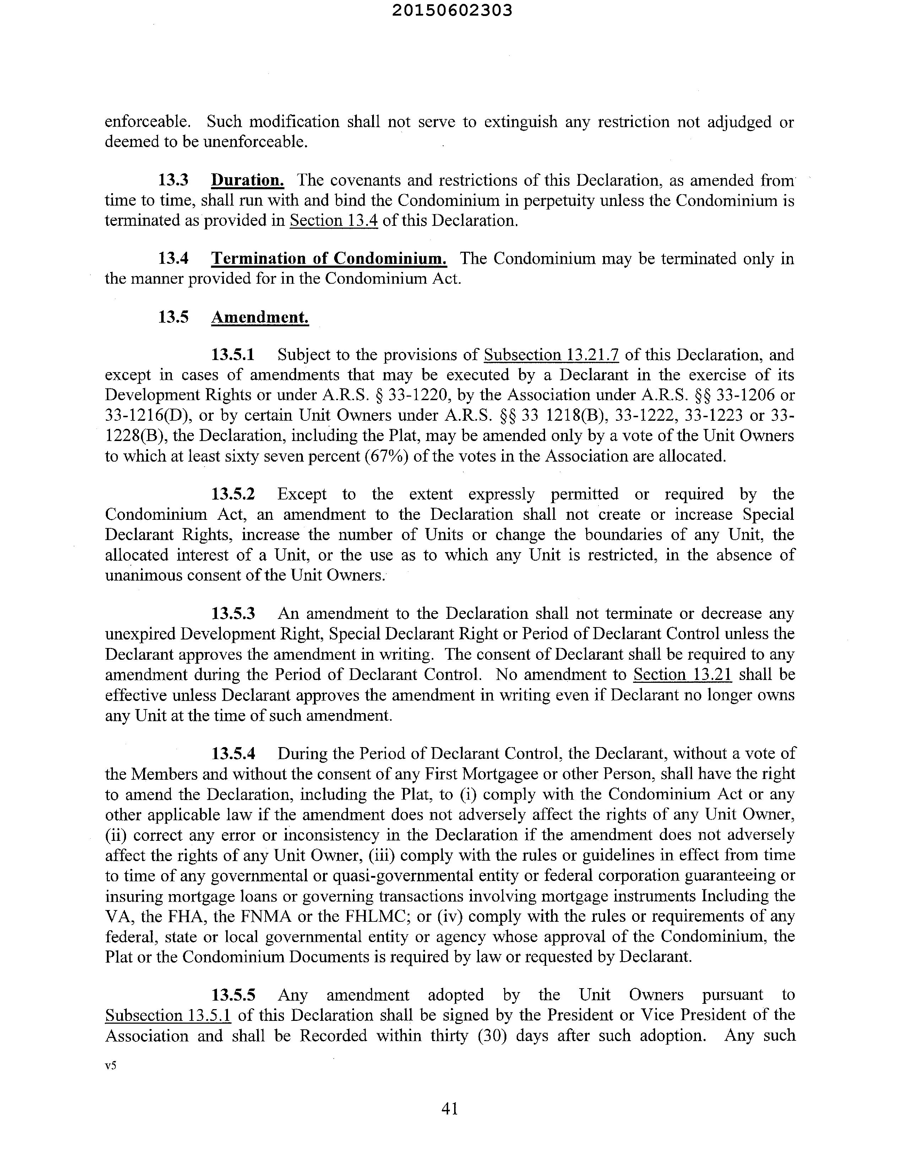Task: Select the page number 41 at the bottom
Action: coord(450,1108)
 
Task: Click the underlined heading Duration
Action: coord(247,180)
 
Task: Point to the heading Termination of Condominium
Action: coord(328,258)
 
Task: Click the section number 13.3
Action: coord(173,180)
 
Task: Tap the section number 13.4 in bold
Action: coord(173,258)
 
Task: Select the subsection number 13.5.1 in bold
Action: coord(233,355)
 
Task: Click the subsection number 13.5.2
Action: coord(233,494)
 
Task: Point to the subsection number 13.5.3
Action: coord(233,613)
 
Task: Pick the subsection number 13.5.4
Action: coord(233,753)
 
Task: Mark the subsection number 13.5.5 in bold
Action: coord(233,995)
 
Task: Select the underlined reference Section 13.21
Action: coord(682,674)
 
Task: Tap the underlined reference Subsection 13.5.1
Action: coord(168,1015)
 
